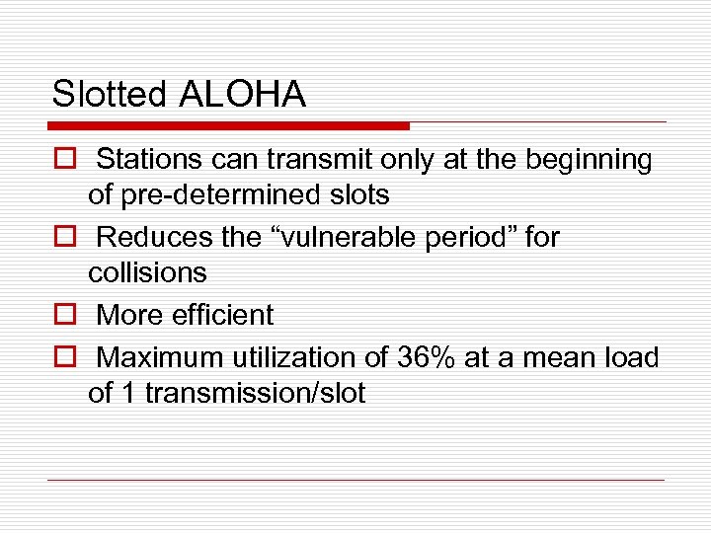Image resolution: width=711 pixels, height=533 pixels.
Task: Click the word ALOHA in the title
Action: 243,95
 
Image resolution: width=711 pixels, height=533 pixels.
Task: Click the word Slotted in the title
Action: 110,95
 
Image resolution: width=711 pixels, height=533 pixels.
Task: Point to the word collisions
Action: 147,272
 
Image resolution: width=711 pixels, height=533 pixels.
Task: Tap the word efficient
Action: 225,315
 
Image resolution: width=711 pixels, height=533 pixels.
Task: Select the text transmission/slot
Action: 255,393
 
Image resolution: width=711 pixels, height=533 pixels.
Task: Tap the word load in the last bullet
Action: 630,356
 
